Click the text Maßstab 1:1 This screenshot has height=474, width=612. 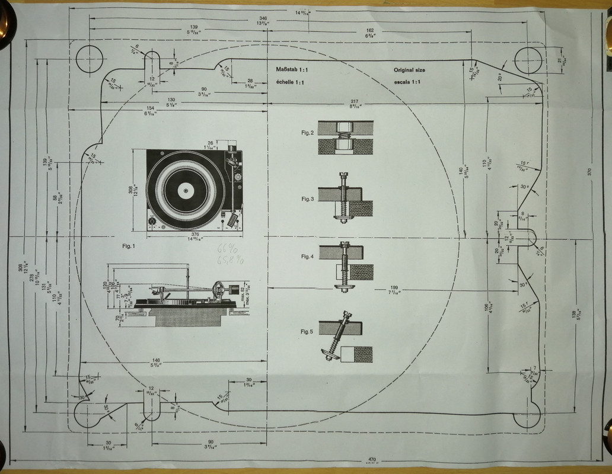(291, 70)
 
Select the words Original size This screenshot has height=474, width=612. (409, 70)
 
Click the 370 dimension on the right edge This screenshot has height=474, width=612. (589, 171)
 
